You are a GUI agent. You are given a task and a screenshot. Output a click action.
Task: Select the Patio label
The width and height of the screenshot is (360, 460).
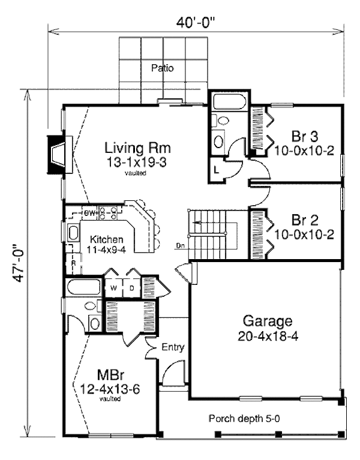[x=162, y=68]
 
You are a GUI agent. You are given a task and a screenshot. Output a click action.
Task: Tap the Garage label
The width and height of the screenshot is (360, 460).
[x=268, y=320]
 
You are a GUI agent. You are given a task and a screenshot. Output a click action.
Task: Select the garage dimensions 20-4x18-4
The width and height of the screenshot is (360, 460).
[x=268, y=335]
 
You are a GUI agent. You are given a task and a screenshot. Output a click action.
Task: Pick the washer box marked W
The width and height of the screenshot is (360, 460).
[x=113, y=288]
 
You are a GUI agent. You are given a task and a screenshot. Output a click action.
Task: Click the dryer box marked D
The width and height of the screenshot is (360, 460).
[x=131, y=288]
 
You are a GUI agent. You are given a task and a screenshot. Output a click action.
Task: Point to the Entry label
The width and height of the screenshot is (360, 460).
[x=173, y=347]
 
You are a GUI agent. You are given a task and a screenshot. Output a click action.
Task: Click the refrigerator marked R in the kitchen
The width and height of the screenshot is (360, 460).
[x=73, y=263]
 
